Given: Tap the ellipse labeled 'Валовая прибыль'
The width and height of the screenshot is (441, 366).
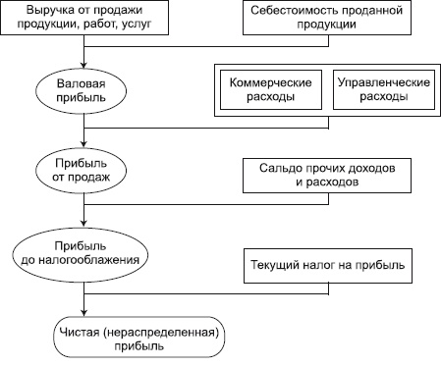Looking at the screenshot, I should (x=85, y=91).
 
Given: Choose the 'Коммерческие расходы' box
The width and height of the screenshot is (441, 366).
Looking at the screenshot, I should (x=270, y=91).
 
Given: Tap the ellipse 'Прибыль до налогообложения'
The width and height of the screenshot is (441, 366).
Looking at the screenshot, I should (x=85, y=253).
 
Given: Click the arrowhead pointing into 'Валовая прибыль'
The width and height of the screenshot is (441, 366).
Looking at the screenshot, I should (x=85, y=65).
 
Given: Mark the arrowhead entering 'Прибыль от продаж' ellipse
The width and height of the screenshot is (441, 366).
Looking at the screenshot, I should (x=85, y=143).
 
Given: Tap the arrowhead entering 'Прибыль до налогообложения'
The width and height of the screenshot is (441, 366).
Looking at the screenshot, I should (x=85, y=225).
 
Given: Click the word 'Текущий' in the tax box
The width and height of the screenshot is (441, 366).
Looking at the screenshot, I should (x=278, y=266).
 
